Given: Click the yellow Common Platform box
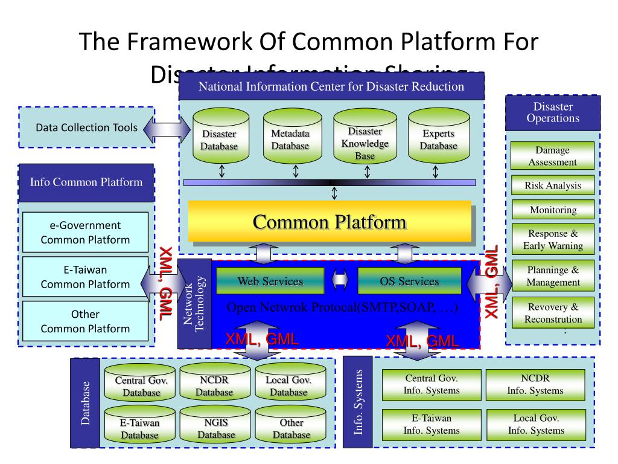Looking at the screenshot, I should [330, 222].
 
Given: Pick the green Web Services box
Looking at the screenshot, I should [270, 281].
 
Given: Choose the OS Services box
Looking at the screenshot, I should [409, 281].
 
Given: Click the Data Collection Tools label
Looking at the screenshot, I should [86, 127].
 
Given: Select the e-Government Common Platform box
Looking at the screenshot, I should [85, 233].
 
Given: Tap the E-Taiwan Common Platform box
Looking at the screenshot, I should [85, 277].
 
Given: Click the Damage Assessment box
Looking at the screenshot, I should [552, 156].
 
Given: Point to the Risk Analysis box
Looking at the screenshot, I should [552, 185].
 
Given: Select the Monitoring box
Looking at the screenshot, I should [552, 210].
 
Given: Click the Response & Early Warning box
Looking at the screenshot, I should [552, 240].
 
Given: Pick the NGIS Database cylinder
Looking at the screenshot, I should [216, 425].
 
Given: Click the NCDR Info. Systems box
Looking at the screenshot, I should [535, 384].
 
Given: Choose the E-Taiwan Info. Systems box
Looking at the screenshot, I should [432, 424].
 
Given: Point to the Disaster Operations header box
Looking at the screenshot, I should [553, 113].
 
